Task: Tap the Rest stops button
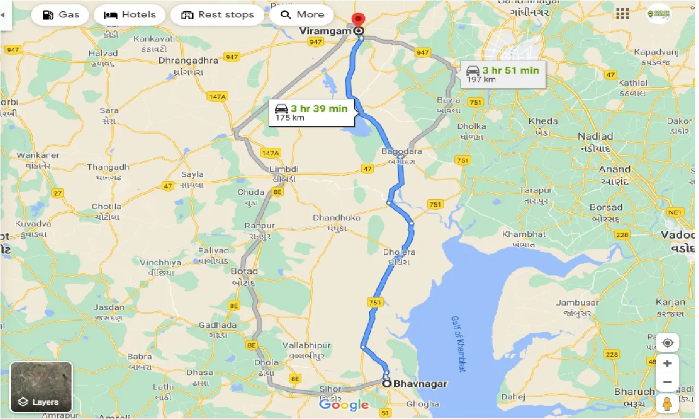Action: [217, 15]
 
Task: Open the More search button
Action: [302, 15]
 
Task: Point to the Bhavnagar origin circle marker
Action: [387, 384]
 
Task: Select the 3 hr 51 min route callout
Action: [503, 74]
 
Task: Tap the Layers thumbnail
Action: [42, 387]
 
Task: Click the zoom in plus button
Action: [667, 363]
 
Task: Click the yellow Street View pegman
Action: [667, 405]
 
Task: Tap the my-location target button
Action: [667, 343]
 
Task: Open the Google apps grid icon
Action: [622, 14]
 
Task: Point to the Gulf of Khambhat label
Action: [459, 343]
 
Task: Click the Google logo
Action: [344, 404]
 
